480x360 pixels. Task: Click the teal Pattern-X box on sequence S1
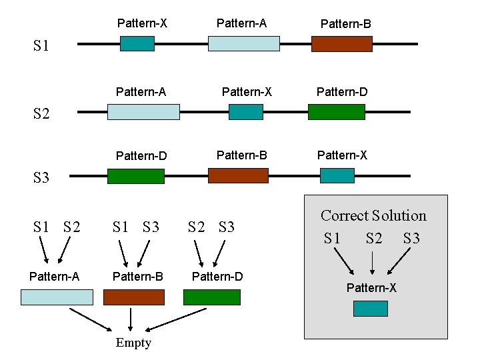point(137,43)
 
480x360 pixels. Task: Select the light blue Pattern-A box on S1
point(243,43)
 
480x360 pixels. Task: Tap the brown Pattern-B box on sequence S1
point(341,44)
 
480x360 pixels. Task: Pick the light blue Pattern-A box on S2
point(143,111)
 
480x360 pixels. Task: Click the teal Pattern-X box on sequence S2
point(245,111)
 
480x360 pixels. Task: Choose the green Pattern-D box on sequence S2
point(336,111)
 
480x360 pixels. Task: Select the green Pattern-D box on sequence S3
point(135,176)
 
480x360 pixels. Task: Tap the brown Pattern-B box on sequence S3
point(238,175)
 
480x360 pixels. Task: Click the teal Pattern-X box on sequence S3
point(337,175)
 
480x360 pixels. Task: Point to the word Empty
point(133,343)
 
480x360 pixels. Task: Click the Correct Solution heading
point(373,215)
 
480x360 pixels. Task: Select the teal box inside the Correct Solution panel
point(370,308)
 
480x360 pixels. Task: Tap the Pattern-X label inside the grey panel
point(371,288)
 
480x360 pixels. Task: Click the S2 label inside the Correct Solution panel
point(374,238)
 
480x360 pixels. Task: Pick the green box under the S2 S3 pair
point(211,297)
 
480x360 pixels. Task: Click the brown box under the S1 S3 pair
point(133,297)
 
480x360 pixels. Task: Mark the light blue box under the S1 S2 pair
point(57,297)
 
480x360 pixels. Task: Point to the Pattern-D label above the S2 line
point(341,92)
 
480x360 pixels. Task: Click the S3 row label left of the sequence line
point(41,177)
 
